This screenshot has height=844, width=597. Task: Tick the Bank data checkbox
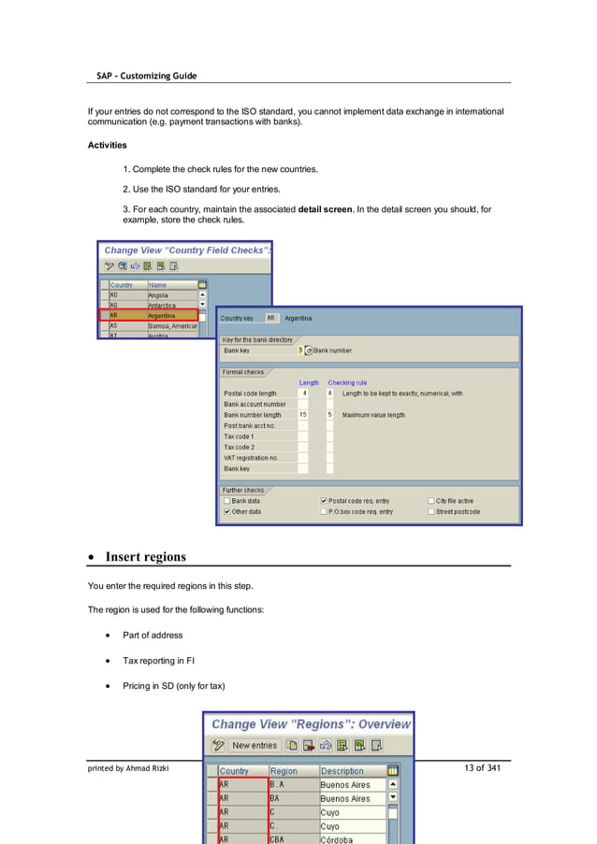pyautogui.click(x=226, y=501)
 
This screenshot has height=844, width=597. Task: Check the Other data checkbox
pyautogui.click(x=226, y=512)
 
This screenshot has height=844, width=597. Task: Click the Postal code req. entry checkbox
pyautogui.click(x=324, y=501)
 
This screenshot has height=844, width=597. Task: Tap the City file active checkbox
pyautogui.click(x=431, y=501)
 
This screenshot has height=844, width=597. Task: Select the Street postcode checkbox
pyautogui.click(x=431, y=512)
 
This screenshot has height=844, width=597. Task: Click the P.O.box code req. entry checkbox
pyautogui.click(x=324, y=512)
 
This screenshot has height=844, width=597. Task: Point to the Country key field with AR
pyautogui.click(x=271, y=318)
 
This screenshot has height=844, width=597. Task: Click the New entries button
pyautogui.click(x=255, y=746)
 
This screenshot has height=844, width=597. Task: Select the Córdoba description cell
pyautogui.click(x=352, y=839)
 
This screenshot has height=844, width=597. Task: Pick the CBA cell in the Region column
pyautogui.click(x=292, y=839)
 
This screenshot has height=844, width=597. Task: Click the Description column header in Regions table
pyautogui.click(x=351, y=771)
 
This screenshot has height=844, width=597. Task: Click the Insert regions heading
pyautogui.click(x=145, y=557)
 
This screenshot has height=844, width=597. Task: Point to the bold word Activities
pyautogui.click(x=108, y=145)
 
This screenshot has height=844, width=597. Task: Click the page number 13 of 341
pyautogui.click(x=482, y=768)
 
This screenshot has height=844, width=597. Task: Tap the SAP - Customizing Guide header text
pyautogui.click(x=147, y=76)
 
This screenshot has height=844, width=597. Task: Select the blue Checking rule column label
pyautogui.click(x=347, y=382)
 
